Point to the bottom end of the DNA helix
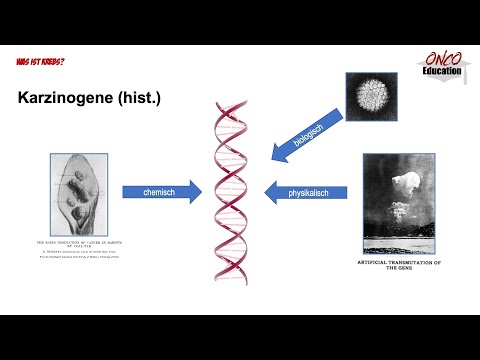232,282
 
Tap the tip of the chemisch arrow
201,191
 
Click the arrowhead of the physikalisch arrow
270,191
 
